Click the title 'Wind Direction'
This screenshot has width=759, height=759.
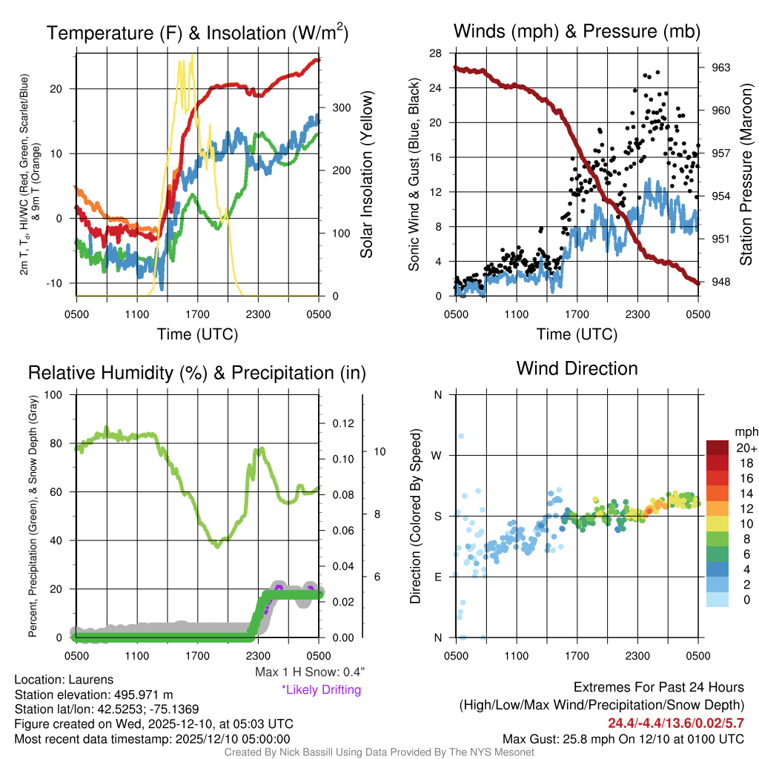[x=577, y=368]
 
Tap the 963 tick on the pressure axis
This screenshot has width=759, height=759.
[x=720, y=67]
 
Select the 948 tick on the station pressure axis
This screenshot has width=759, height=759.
[x=720, y=282]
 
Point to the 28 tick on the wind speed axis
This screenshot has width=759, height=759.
[x=436, y=53]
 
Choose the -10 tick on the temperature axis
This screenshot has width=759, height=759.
[x=62, y=284]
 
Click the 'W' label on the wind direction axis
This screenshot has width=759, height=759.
[x=437, y=455]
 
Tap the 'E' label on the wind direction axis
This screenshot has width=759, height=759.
[x=437, y=577]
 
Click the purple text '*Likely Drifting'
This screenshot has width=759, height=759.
[x=321, y=689]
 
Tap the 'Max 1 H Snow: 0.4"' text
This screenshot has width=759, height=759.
[x=310, y=672]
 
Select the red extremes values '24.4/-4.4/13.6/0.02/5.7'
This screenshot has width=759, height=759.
[x=676, y=723]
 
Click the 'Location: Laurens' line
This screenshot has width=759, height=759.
[x=64, y=679]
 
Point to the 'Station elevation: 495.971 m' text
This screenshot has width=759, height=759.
[x=93, y=695]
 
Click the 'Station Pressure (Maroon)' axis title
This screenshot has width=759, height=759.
[x=746, y=175]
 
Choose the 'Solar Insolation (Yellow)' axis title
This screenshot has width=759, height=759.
[x=366, y=175]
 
